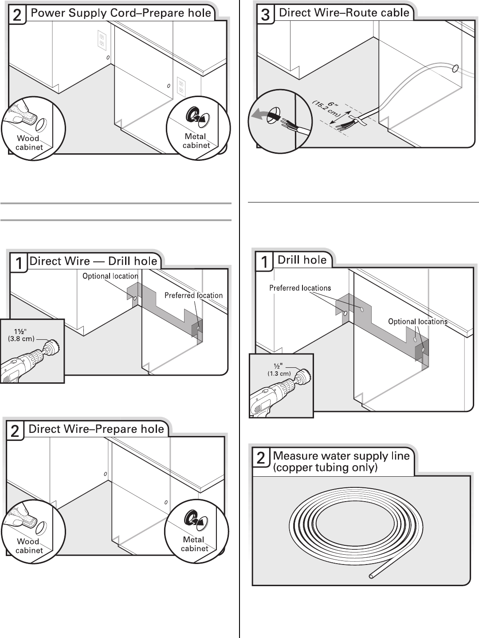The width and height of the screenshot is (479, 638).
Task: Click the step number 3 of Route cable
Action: (265, 15)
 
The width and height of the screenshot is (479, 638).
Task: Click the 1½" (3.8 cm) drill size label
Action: (21, 335)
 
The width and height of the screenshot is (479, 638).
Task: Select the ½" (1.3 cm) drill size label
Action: (279, 370)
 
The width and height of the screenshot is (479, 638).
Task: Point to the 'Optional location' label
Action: (110, 276)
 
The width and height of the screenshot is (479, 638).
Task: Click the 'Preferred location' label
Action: (193, 296)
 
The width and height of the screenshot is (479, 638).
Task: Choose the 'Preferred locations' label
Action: (300, 288)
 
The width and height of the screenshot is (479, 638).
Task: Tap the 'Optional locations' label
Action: (417, 322)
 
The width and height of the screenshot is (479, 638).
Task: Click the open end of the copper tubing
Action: (371, 576)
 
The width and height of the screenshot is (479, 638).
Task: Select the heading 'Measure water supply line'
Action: (341, 456)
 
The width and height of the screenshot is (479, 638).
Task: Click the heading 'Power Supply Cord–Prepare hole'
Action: (121, 13)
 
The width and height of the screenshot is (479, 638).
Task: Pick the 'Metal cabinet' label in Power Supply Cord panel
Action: (196, 141)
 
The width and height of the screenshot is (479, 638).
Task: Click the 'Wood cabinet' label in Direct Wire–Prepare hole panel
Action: (29, 546)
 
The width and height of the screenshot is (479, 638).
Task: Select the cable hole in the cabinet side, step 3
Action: (455, 69)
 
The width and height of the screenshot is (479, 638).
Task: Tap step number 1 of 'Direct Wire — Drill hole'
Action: (19, 264)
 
